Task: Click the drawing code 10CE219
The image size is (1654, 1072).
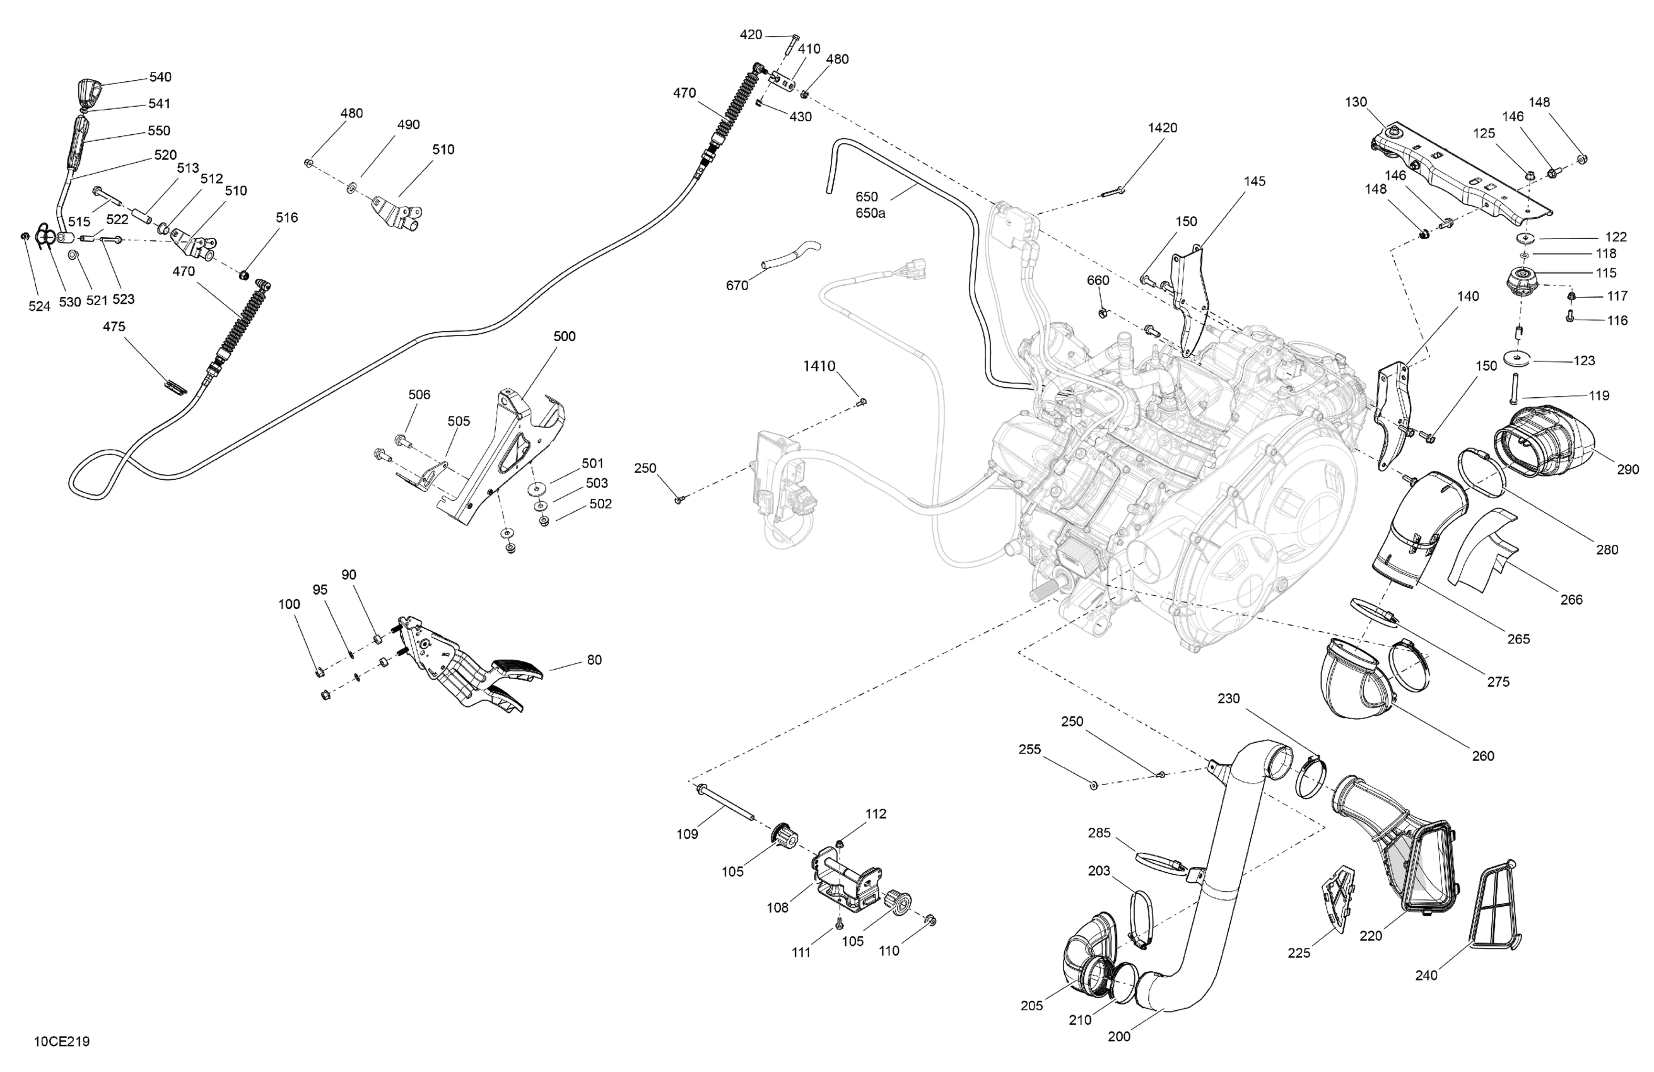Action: click(62, 1042)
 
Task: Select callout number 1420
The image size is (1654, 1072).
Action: click(1162, 128)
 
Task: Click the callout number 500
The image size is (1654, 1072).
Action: click(565, 336)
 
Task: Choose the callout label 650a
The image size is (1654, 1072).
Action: click(870, 213)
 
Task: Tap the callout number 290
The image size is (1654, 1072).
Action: click(1628, 470)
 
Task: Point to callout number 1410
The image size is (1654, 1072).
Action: click(819, 366)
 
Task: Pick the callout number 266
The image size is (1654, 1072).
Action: click(1571, 600)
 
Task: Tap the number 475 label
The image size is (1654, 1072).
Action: click(114, 327)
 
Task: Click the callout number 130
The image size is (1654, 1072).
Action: click(1355, 102)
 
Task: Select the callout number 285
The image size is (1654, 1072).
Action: click(1099, 833)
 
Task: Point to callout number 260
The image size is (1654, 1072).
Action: click(1482, 756)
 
